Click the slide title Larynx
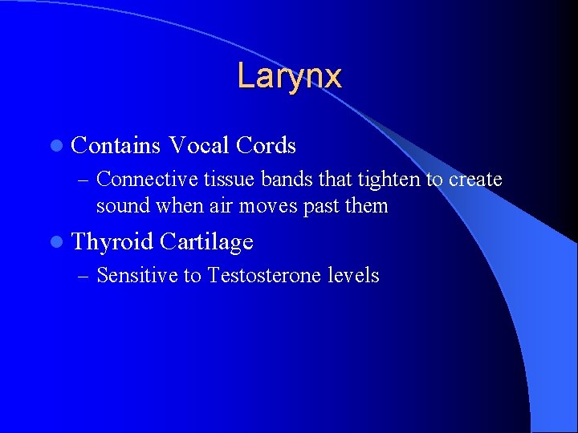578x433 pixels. point(289,77)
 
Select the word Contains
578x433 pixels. point(116,146)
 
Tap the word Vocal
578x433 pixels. point(198,146)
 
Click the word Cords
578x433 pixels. point(267,146)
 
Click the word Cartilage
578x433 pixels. point(206,241)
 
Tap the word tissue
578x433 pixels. point(230,180)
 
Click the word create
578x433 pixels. point(475,180)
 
